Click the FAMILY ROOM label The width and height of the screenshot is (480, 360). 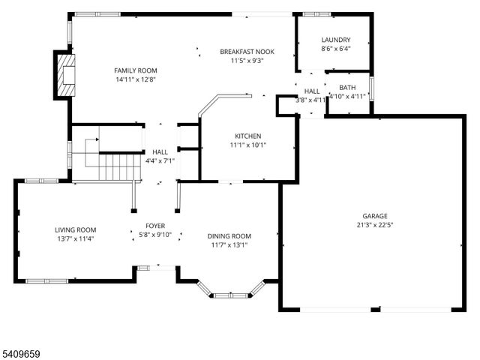click(x=136, y=70)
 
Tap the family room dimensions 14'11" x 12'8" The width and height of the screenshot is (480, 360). click(x=136, y=79)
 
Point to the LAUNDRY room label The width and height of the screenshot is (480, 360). click(x=335, y=40)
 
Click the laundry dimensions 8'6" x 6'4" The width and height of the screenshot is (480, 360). click(x=335, y=49)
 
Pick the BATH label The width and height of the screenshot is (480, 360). click(x=347, y=88)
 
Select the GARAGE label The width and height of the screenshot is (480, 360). click(x=376, y=215)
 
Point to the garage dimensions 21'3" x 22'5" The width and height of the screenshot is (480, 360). click(x=376, y=224)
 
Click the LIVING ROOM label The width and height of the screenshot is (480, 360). click(x=75, y=229)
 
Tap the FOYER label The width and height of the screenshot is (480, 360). click(x=155, y=226)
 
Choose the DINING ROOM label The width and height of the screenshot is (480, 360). click(x=229, y=235)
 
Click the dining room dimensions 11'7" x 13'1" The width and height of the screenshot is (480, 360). click(x=229, y=244)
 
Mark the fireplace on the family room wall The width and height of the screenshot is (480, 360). click(x=63, y=74)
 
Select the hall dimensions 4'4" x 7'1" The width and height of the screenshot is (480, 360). click(x=160, y=160)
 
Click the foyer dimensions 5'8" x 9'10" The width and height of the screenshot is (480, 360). click(x=155, y=235)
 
